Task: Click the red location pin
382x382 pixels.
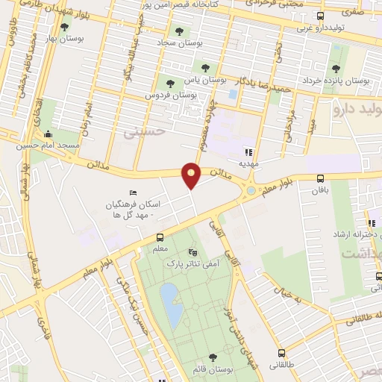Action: pos(192,175)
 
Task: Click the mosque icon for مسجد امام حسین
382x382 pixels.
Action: pos(48,134)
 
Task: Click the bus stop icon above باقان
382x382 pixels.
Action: pos(320,178)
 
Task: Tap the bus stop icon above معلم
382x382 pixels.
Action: pos(157,237)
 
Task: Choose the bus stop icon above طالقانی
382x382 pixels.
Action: pos(281,353)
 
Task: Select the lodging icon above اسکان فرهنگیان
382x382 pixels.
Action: pos(134,193)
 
